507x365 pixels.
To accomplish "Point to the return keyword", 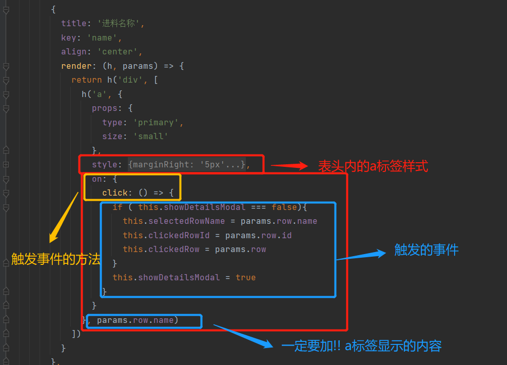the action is pos(87,80).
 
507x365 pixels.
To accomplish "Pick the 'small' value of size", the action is pos(150,136).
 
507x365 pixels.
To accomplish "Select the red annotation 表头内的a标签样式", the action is pos(373,166).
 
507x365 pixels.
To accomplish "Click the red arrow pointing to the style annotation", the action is pos(289,166).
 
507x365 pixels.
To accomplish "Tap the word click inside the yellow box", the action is pos(114,193).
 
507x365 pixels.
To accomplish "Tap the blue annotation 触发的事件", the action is pos(426,250).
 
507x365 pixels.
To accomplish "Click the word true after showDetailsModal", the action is pos(246,277).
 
